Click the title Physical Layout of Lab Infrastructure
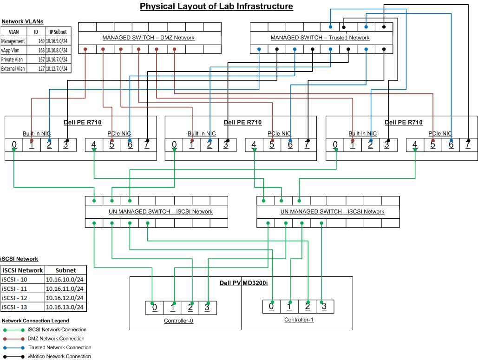(216, 7)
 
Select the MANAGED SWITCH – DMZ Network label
(148, 38)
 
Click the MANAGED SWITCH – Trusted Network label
(320, 38)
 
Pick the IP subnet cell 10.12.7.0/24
(59, 69)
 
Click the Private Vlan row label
(13, 59)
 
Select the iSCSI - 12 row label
(15, 298)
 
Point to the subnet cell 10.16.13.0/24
(65, 307)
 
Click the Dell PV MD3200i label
(243, 283)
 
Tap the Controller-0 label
(179, 321)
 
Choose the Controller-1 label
(299, 320)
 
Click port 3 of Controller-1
(324, 306)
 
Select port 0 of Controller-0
(154, 308)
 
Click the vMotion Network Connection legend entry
(59, 356)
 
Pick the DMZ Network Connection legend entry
(56, 339)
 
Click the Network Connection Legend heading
(35, 321)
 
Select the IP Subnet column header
(59, 32)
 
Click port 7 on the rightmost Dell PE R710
(468, 144)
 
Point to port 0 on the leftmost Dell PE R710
(14, 144)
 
